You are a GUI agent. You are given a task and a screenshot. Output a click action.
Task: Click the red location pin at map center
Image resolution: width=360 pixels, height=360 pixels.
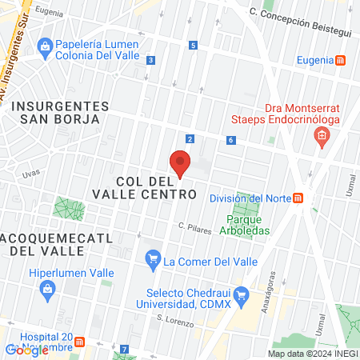[x=180, y=164]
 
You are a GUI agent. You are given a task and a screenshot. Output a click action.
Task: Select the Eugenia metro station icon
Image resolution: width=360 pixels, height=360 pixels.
[x=341, y=60]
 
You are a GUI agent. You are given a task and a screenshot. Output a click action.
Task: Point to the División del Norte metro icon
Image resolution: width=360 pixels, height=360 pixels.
[x=298, y=198]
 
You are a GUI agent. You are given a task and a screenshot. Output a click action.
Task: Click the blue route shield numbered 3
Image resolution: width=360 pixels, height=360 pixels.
[x=151, y=59]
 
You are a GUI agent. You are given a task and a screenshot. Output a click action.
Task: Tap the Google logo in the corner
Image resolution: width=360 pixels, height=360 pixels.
[x=26, y=350]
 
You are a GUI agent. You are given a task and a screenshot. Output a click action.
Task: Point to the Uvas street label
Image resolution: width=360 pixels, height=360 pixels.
[x=30, y=173]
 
